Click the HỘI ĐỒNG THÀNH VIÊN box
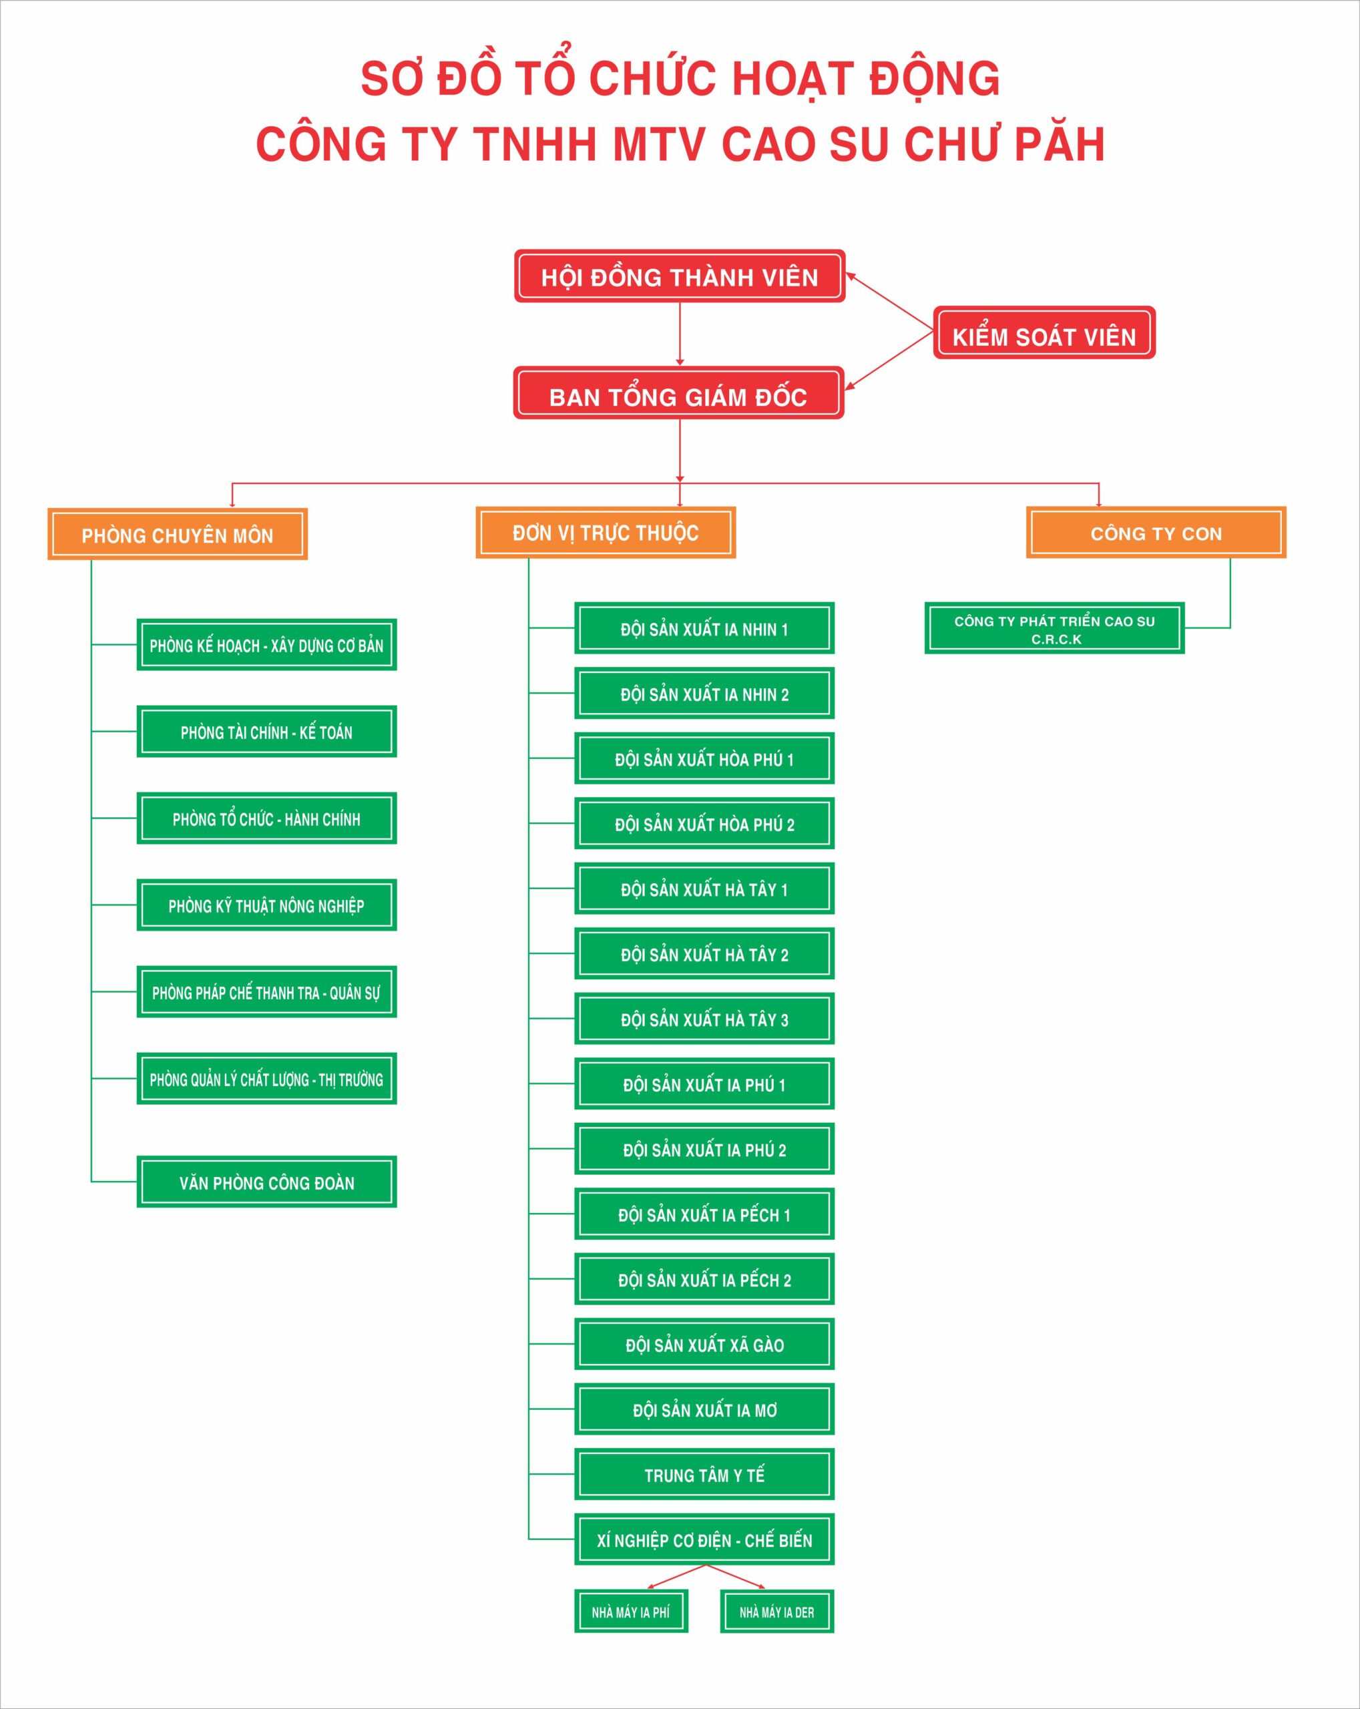[x=679, y=276]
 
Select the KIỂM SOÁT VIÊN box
[x=1044, y=332]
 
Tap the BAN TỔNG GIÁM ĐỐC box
[x=678, y=393]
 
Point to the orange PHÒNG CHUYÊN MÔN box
[x=178, y=534]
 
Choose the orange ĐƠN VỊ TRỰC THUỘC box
[x=606, y=533]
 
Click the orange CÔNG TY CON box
[x=1156, y=533]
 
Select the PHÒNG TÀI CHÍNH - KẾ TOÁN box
[x=266, y=732]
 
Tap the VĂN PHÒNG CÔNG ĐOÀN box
[x=266, y=1182]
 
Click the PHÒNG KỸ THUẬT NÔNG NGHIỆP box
[x=266, y=905]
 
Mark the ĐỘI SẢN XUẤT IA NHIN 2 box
[x=704, y=694]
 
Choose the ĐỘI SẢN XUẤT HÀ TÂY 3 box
[x=704, y=1019]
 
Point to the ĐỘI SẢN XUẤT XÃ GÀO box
[x=704, y=1345]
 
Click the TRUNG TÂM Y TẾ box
[x=704, y=1475]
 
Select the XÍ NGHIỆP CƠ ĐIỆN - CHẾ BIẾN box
[x=704, y=1539]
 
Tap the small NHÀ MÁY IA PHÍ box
[x=631, y=1612]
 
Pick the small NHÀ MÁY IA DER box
[x=776, y=1612]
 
